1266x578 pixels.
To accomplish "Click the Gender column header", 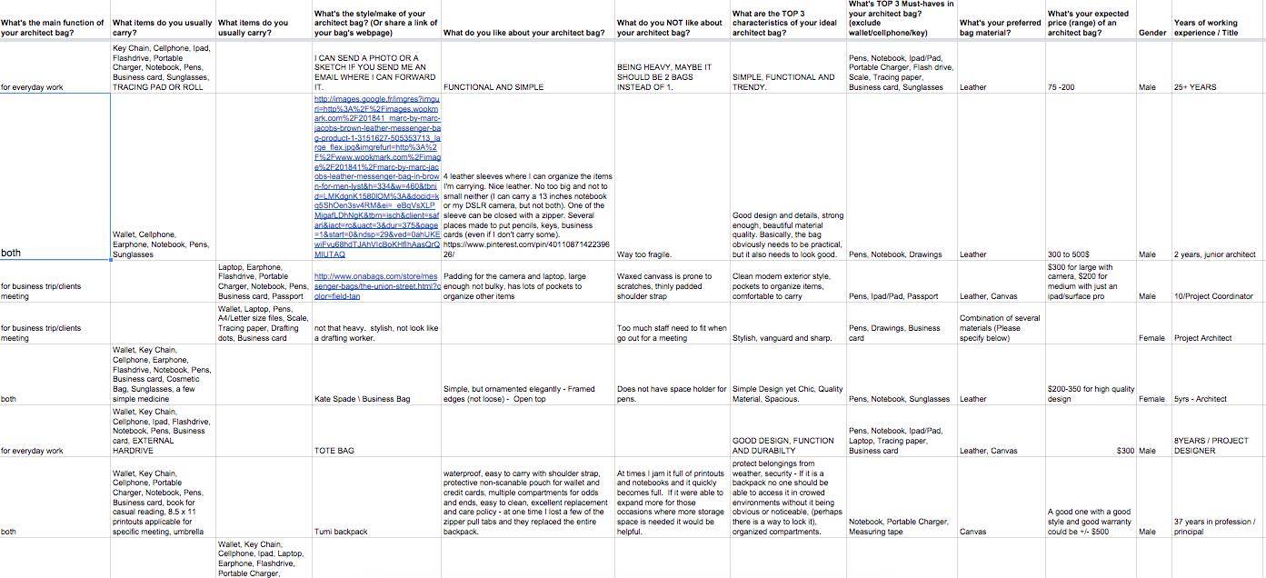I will pos(1151,33).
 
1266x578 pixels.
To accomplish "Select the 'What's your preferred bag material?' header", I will pos(1000,27).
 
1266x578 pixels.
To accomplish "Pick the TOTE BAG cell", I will pos(334,451).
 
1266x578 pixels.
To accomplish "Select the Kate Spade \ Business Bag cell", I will pos(362,399).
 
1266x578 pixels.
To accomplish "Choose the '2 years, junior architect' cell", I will pos(1214,254).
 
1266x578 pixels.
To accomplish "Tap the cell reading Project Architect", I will pos(1202,338).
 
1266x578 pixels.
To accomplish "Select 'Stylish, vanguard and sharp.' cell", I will pos(783,338).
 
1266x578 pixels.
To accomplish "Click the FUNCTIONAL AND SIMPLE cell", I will pos(493,87).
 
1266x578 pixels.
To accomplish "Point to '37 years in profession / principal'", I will pos(1214,527).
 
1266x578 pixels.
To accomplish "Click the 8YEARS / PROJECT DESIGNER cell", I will pos(1211,445).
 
